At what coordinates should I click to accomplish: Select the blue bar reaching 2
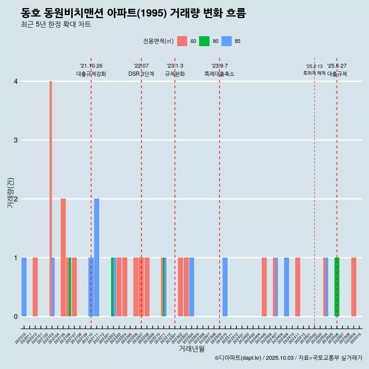point(96,258)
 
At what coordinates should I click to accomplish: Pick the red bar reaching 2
point(63,258)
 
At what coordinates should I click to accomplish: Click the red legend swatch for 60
point(182,41)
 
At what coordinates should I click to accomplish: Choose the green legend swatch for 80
point(204,41)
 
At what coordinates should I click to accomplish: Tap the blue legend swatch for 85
point(227,41)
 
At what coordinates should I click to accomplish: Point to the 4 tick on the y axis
point(16,81)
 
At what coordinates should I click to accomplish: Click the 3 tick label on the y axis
point(16,140)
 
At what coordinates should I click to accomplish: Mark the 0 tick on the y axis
point(16,317)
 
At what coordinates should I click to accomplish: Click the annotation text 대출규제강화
point(91,74)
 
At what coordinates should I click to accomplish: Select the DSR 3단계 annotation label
point(141,74)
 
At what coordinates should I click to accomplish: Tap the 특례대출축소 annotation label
point(219,74)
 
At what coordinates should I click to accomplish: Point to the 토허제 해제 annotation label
point(314,73)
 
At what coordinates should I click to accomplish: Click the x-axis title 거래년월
point(191,349)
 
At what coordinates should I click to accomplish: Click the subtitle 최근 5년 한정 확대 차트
point(56,25)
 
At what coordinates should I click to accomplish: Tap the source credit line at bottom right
point(288,358)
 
